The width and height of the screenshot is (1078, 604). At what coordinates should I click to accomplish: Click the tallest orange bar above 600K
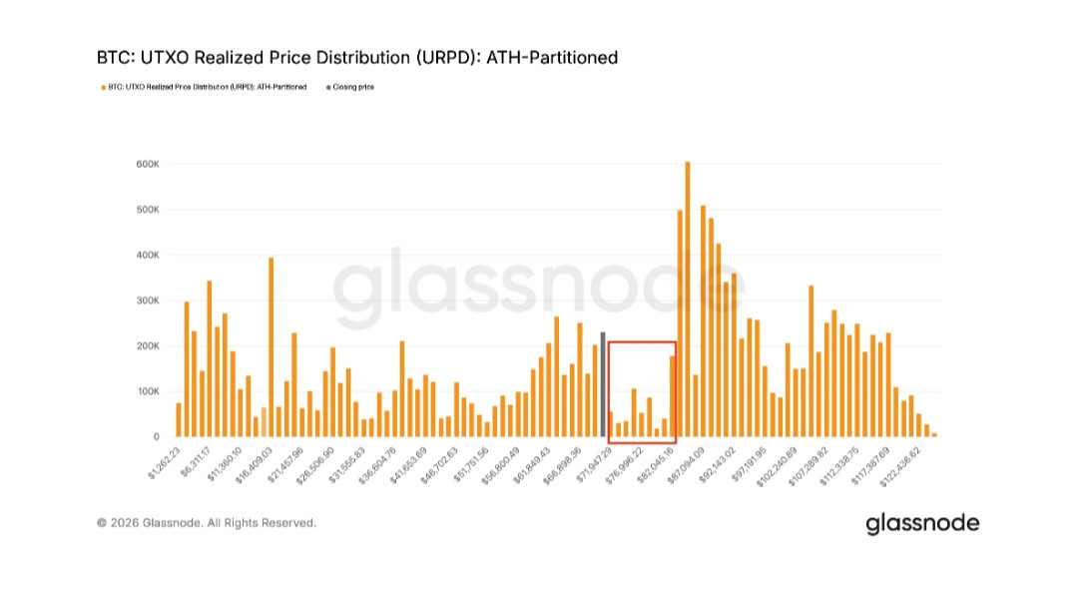pyautogui.click(x=687, y=300)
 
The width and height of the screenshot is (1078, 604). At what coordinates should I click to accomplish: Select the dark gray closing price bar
pyautogui.click(x=603, y=384)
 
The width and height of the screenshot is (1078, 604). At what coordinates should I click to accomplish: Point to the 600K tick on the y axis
pyautogui.click(x=149, y=164)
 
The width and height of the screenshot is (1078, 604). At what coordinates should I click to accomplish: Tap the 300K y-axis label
pyautogui.click(x=149, y=301)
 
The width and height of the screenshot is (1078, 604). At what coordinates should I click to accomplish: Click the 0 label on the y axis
pyautogui.click(x=156, y=437)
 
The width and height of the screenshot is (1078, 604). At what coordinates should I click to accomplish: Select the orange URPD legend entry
pyautogui.click(x=204, y=87)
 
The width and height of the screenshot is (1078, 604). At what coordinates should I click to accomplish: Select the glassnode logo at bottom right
pyautogui.click(x=921, y=522)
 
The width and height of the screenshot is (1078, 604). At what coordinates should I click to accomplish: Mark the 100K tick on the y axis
pyautogui.click(x=149, y=391)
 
